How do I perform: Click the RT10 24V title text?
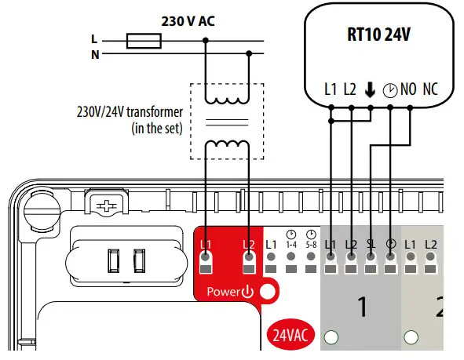point(380,35)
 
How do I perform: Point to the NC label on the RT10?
point(430,89)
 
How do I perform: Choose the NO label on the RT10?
point(408,89)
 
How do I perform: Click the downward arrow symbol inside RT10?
point(370,89)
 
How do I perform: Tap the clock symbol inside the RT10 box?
point(389,89)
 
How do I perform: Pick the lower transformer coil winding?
point(228,147)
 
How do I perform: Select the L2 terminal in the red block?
point(249,245)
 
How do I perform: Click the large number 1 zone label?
point(362,307)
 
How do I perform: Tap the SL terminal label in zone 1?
point(371,245)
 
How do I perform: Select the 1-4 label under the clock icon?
point(291,245)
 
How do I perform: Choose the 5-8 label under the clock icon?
point(312,245)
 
